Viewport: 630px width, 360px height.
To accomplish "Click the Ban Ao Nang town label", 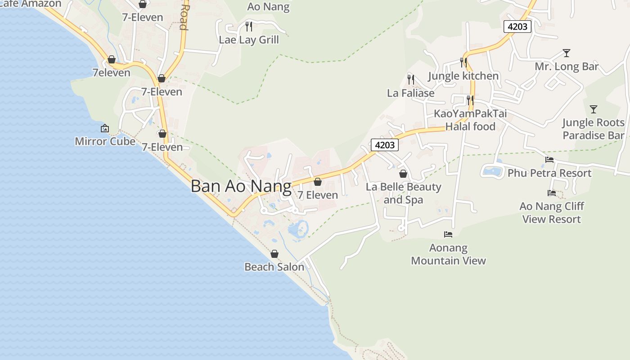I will pos(241,186).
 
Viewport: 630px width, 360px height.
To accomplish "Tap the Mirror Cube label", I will pos(105,141).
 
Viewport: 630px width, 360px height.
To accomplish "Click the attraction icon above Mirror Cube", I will pos(105,129).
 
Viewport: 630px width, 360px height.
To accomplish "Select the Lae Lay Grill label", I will pos(249,40).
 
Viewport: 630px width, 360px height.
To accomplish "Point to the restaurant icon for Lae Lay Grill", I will pos(249,27).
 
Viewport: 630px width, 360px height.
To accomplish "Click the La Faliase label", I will pos(411,93).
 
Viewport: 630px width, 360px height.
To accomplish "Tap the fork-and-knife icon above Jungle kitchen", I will pos(463,63).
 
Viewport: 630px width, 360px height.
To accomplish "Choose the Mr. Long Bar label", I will pos(567,67).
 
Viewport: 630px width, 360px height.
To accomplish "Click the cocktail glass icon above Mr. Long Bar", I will pos(567,53).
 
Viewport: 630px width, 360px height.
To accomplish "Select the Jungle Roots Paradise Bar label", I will pos(594,129).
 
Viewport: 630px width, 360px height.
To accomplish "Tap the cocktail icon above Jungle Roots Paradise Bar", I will pos(594,109).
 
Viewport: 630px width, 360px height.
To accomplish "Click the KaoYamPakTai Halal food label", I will pos(470,120).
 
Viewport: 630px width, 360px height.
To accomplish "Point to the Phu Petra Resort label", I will pos(549,173).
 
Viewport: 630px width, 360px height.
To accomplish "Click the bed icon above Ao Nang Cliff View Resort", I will pos(552,193).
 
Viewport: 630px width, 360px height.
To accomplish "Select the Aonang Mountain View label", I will pos(449,254).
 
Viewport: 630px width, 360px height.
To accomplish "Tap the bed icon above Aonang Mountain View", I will pos(448,234).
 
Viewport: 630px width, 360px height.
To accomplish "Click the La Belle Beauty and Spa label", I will pos(404,193).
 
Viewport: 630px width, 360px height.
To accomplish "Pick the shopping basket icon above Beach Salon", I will pos(274,254).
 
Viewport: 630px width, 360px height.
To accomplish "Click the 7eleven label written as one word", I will pos(112,73).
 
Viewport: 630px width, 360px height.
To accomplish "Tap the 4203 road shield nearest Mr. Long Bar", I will pos(517,27).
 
